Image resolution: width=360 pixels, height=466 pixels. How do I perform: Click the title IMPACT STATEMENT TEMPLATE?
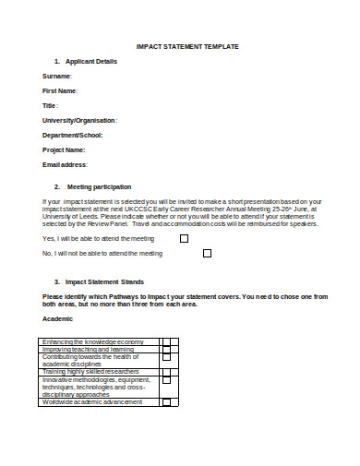(187, 46)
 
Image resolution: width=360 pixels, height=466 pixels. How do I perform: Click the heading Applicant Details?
(91, 61)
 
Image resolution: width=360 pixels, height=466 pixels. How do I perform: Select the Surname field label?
(56, 76)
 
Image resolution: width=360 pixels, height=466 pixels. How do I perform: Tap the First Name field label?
(60, 90)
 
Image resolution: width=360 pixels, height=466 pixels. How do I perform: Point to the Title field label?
(50, 105)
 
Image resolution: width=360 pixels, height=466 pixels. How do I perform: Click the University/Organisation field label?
(79, 120)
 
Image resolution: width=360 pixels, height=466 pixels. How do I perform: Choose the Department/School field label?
(73, 135)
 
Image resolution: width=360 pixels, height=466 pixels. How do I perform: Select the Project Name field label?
(64, 149)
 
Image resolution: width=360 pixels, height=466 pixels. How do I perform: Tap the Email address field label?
(65, 164)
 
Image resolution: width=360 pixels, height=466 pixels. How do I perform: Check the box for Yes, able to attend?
(184, 238)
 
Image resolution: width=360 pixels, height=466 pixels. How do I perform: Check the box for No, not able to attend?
(207, 253)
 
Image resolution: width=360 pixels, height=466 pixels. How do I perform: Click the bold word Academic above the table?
(57, 318)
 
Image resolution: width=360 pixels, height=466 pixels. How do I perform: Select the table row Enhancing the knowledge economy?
(92, 342)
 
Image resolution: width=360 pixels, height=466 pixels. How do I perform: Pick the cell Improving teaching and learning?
(89, 350)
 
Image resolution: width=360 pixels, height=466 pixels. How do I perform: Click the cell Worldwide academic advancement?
(91, 401)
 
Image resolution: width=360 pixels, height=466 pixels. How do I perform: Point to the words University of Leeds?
(66, 216)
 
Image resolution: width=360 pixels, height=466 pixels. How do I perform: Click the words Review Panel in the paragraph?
(109, 223)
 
